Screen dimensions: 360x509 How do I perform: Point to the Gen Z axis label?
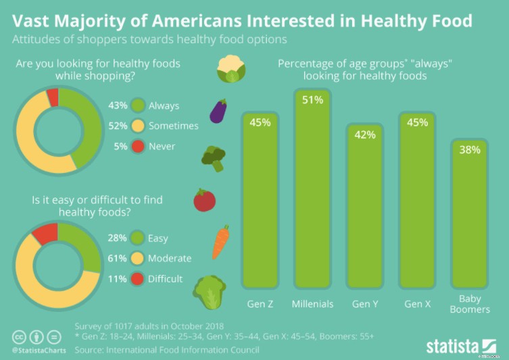(260, 304)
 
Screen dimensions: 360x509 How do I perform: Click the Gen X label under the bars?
(417, 304)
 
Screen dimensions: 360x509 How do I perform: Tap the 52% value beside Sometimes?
(118, 126)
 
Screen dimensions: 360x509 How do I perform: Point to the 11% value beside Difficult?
(118, 278)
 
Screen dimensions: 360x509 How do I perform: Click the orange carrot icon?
(220, 242)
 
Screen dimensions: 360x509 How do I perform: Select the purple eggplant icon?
(218, 111)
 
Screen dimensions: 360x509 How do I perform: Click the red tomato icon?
(204, 201)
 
